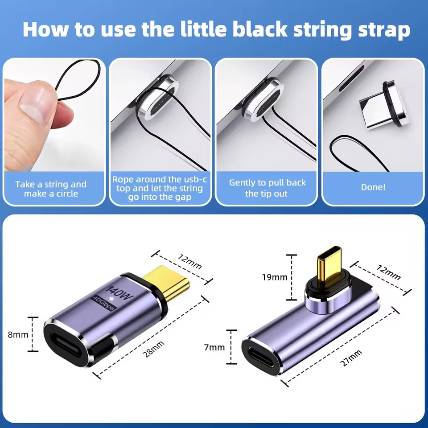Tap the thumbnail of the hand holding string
pos(54,115)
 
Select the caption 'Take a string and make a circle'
pos(51,189)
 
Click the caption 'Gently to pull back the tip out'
pos(267,188)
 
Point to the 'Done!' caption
pos(373,187)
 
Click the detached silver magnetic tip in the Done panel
pos(383,105)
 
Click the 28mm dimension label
pos(154,349)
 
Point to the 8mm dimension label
pos(18,334)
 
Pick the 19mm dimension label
pos(275,277)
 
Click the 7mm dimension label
pos(214,347)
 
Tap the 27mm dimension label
pos(351,358)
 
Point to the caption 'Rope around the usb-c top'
pos(160,184)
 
